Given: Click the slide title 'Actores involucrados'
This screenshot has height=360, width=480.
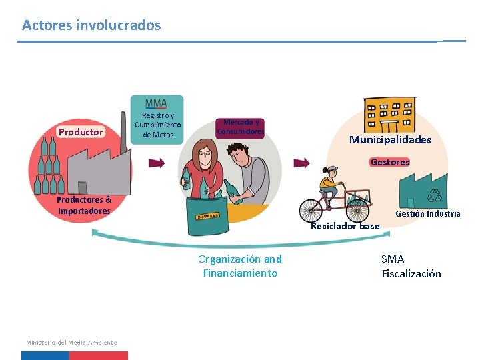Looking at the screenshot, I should pyautogui.click(x=91, y=25).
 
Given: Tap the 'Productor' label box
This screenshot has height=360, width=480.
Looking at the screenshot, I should pyautogui.click(x=81, y=132).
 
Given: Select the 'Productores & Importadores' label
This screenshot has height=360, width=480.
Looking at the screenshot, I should pyautogui.click(x=84, y=205).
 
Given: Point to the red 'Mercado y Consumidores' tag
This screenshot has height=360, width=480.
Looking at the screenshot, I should pyautogui.click(x=240, y=127).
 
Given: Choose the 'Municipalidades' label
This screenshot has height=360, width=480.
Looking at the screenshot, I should pyautogui.click(x=390, y=140).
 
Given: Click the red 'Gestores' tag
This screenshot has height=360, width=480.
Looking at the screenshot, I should pyautogui.click(x=390, y=162).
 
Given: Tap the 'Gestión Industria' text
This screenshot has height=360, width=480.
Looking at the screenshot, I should pyautogui.click(x=427, y=214).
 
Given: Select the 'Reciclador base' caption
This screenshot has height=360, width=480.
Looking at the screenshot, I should pyautogui.click(x=345, y=226).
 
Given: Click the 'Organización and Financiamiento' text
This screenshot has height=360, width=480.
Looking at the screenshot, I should pyautogui.click(x=240, y=266).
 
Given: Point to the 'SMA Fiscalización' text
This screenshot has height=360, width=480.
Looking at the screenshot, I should pyautogui.click(x=411, y=266).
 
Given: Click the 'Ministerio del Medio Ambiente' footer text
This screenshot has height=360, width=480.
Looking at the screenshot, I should pyautogui.click(x=71, y=343).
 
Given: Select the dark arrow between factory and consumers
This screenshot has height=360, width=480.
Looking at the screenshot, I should pyautogui.click(x=157, y=162).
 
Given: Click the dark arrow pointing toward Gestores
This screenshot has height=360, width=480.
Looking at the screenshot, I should pyautogui.click(x=302, y=163).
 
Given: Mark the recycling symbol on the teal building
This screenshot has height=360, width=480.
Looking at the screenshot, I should pyautogui.click(x=435, y=195).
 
